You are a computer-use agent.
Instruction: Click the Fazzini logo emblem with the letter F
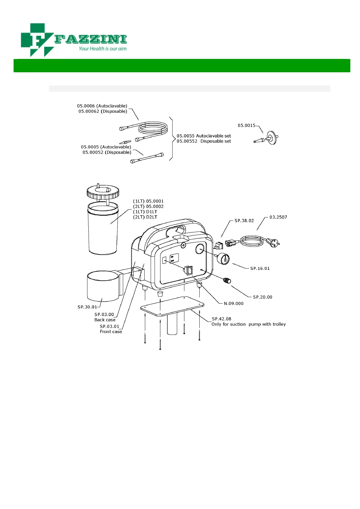click(37, 40)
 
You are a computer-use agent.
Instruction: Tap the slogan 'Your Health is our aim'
click(103, 49)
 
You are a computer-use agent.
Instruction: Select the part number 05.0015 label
click(246, 125)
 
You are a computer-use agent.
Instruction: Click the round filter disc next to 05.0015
click(272, 138)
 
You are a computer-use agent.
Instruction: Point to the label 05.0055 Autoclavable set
click(204, 136)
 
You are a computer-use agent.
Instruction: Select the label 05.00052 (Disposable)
click(107, 152)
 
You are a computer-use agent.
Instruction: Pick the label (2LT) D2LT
click(145, 217)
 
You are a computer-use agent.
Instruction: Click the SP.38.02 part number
click(244, 221)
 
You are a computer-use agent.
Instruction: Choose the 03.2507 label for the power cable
click(278, 217)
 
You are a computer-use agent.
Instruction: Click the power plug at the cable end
click(274, 243)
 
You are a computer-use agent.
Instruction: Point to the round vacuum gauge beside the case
click(224, 259)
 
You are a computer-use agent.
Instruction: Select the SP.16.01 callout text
click(260, 268)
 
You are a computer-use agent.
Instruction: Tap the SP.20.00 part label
click(263, 297)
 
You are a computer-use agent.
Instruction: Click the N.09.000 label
click(234, 303)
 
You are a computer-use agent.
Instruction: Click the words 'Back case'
click(105, 320)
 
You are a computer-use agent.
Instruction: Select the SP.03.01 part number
click(110, 326)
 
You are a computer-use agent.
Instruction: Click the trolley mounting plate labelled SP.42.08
click(172, 306)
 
